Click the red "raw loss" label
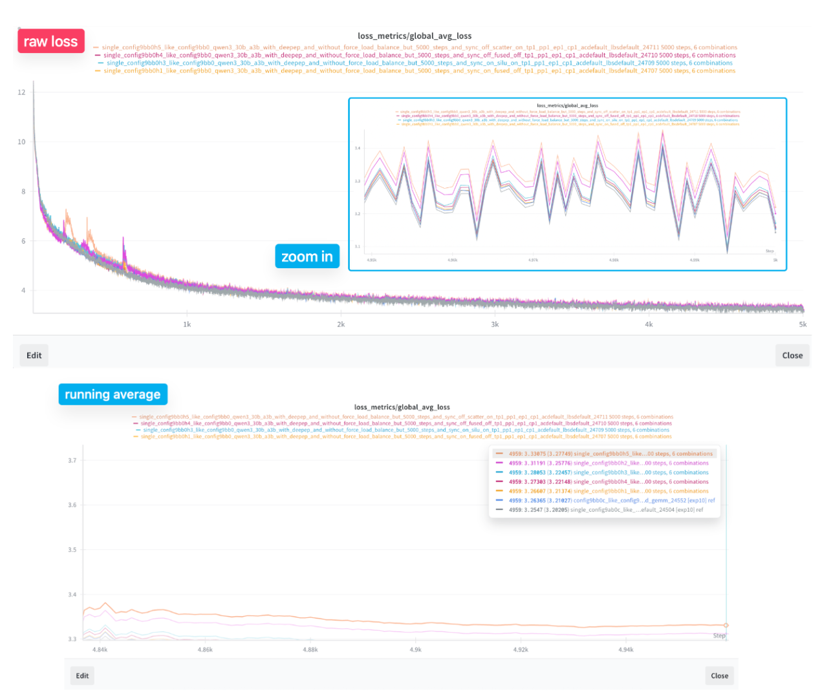(50, 41)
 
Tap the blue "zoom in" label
(307, 257)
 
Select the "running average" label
(113, 394)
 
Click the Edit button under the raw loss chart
(34, 355)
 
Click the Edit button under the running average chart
(82, 675)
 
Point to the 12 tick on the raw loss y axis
(22, 92)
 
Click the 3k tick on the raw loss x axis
(495, 324)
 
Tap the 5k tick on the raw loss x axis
(803, 324)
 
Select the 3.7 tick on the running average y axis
(72, 461)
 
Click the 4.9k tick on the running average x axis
(416, 650)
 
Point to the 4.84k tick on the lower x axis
(100, 650)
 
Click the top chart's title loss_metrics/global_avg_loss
(415, 36)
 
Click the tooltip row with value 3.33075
(604, 454)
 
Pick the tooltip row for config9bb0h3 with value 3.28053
(604, 472)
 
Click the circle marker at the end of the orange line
(726, 625)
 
